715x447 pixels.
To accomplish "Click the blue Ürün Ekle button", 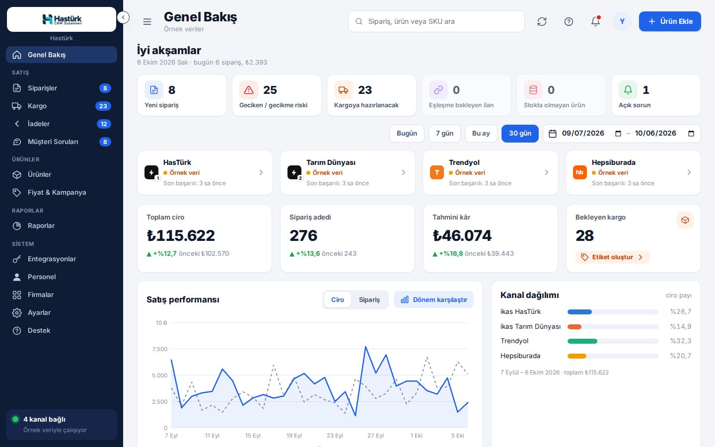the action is tap(670, 21).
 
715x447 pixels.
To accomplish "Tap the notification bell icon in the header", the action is tap(595, 21).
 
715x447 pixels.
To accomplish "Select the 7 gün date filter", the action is tap(444, 133).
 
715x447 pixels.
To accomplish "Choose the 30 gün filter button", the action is tap(520, 133).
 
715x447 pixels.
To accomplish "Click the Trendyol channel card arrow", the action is tap(547, 172).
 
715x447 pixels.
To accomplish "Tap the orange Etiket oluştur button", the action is tap(612, 257).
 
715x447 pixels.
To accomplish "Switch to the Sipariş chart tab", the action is tap(369, 299).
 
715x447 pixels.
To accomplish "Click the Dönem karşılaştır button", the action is tap(434, 299).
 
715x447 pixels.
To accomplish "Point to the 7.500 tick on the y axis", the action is tap(159, 349).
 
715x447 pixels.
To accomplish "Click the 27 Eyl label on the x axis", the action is tap(375, 436).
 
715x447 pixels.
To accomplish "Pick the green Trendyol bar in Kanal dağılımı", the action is tap(582, 341).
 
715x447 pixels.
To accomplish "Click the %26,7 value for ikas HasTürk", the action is tap(681, 311).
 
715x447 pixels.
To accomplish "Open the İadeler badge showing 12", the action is tap(104, 124).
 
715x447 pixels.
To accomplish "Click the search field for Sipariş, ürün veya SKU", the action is tap(436, 21).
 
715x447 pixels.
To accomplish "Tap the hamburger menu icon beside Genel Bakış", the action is tap(147, 21).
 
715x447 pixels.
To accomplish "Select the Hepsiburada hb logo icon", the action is tap(579, 172).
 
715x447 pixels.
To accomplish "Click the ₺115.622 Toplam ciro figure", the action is tap(181, 235).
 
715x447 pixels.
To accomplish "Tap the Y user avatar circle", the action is tap(622, 21).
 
